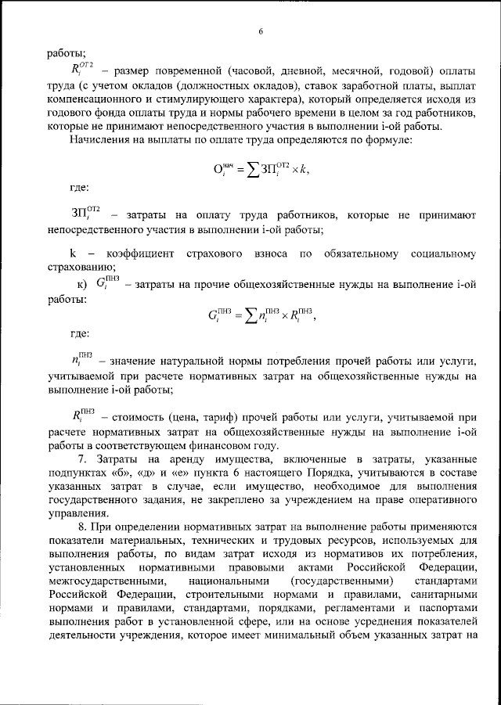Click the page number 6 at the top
tap(261, 32)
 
